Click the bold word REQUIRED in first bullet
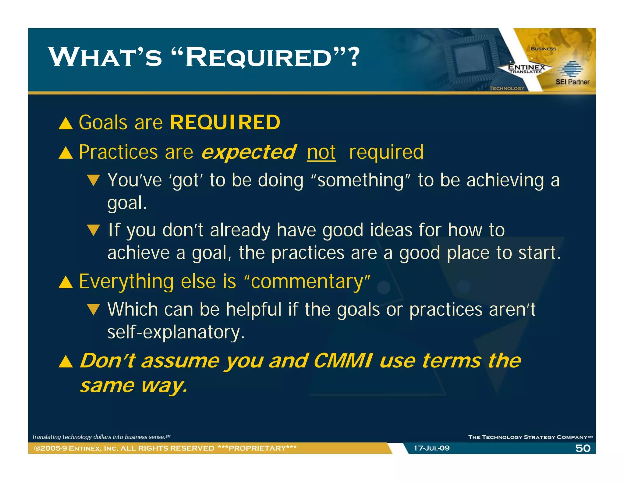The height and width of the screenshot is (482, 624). (225, 122)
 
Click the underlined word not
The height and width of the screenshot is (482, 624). (321, 152)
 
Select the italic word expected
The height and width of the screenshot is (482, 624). (248, 152)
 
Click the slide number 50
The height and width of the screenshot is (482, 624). (583, 448)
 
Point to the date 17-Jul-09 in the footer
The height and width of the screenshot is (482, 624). (431, 448)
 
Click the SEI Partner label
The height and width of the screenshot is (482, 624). (572, 82)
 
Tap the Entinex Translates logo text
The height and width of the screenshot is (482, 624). (526, 69)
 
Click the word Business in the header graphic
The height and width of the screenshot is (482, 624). (543, 49)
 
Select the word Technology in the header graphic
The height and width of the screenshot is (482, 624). (506, 88)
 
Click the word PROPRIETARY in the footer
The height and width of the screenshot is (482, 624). (257, 448)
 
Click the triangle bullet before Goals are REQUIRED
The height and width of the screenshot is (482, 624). (66, 124)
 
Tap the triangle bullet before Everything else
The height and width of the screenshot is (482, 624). (66, 282)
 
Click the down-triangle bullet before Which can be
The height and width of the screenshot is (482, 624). (93, 310)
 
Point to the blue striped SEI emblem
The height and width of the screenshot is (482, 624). (570, 69)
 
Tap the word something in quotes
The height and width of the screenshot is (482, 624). (360, 180)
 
